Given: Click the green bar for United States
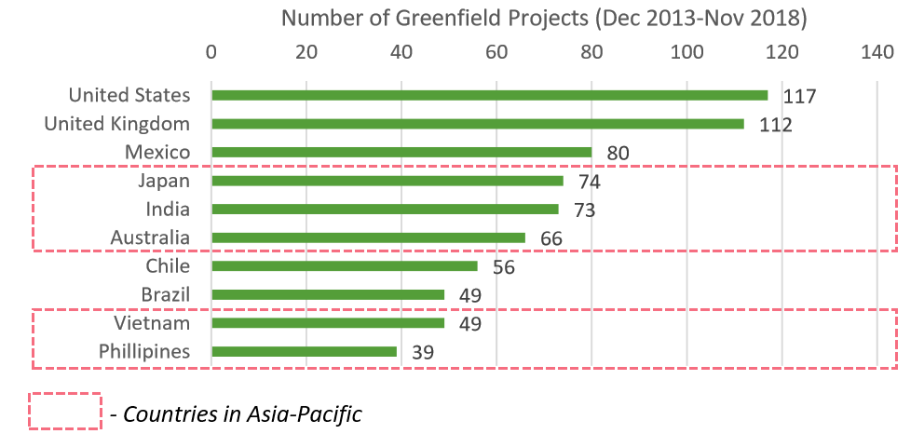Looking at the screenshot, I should pos(489,95).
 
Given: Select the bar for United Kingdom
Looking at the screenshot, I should pos(477,124).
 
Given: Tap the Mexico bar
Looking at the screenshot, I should pos(401,152).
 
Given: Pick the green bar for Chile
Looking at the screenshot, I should pos(345,266).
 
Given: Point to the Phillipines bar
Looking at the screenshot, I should pos(304,352).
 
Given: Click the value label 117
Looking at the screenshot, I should pos(799,96).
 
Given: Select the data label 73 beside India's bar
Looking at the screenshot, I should pos(584,210).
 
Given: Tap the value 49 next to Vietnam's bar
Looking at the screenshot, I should pos(469,324).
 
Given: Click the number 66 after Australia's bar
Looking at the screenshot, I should pos(550,238).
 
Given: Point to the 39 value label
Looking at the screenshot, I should pos(422,353).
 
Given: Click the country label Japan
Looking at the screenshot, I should pos(164,181).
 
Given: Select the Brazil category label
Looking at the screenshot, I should pos(166,295).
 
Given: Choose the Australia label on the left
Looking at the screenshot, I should pos(150,237).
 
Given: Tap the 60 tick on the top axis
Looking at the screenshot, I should pos(496,52).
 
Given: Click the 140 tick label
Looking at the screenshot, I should pos(876,52).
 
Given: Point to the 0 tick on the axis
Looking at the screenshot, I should pos(211,52).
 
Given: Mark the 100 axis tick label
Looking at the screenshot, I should pos(686,52).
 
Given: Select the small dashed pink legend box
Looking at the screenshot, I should pos(65,411).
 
